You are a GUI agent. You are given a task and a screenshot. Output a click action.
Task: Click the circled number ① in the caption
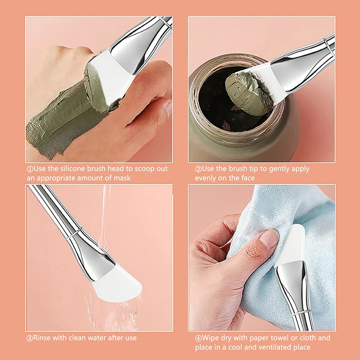tap(30, 169)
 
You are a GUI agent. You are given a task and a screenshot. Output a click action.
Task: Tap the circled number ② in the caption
tap(198, 169)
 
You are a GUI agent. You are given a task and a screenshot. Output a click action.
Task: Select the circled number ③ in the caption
tap(30, 337)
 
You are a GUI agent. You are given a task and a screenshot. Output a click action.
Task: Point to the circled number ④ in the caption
tap(198, 338)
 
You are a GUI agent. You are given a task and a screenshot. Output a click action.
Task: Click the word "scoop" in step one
tap(142, 169)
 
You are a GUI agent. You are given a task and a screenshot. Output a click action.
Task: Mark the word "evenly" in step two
tap(206, 178)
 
